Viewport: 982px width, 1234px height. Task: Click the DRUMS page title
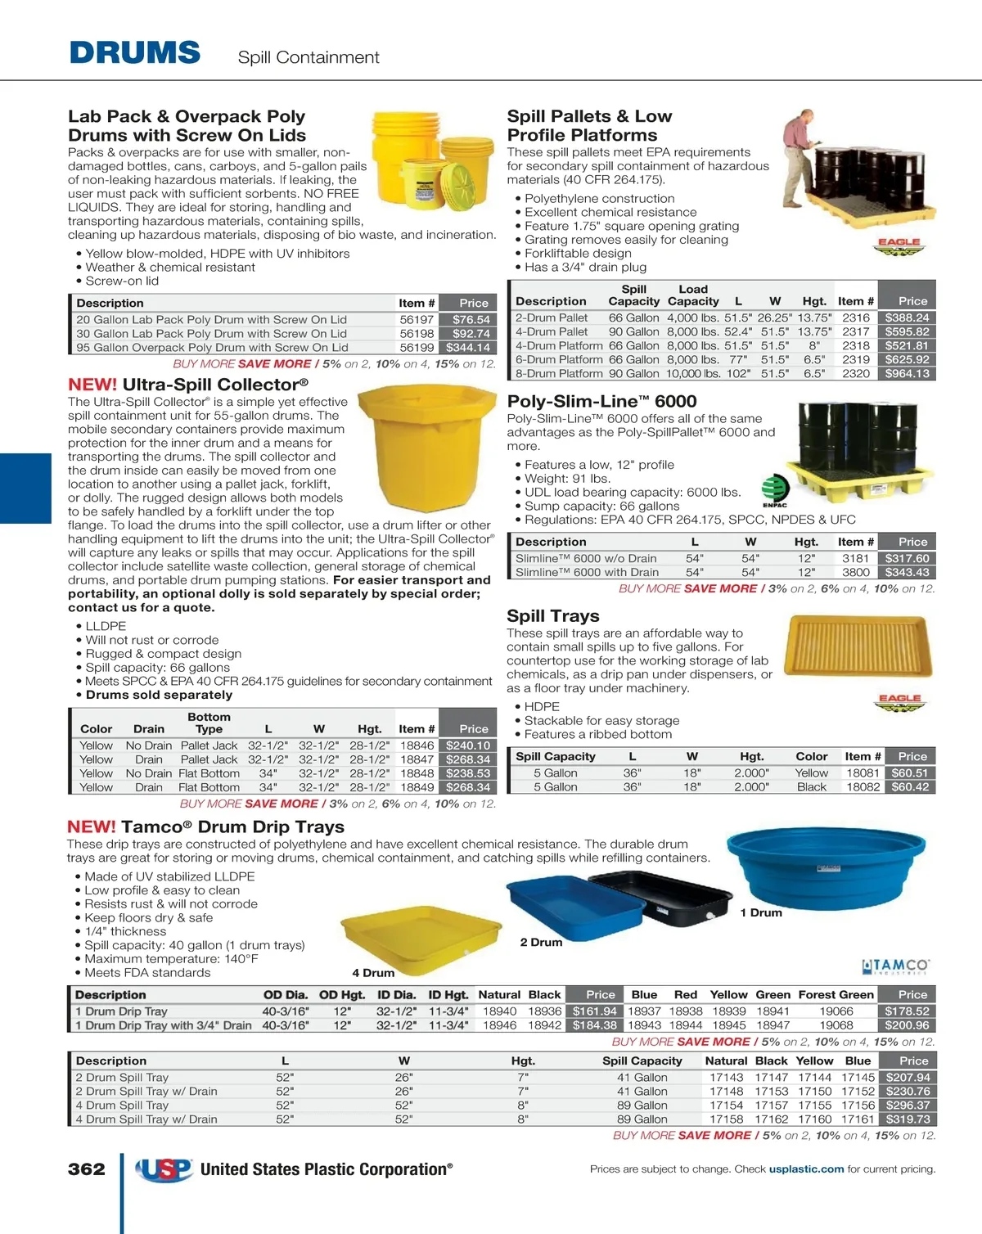tap(135, 53)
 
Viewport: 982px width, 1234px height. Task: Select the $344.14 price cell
tap(468, 348)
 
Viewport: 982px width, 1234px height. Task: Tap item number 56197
tap(417, 320)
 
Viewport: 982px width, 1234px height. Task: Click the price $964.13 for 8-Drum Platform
tap(907, 374)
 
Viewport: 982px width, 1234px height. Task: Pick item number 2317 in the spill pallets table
tap(856, 332)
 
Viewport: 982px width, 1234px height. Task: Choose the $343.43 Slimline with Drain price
tap(907, 573)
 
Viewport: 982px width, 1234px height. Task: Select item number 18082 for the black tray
tap(863, 787)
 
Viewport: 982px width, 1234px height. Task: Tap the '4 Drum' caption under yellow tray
tap(373, 973)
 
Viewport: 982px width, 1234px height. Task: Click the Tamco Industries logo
tap(895, 967)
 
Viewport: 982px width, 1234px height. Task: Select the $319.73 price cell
tap(908, 1119)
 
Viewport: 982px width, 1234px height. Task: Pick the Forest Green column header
tap(836, 995)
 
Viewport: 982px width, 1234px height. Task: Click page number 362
tap(87, 1169)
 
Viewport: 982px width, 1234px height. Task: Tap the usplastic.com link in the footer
tap(806, 1169)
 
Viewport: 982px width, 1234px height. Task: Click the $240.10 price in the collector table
tap(468, 746)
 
